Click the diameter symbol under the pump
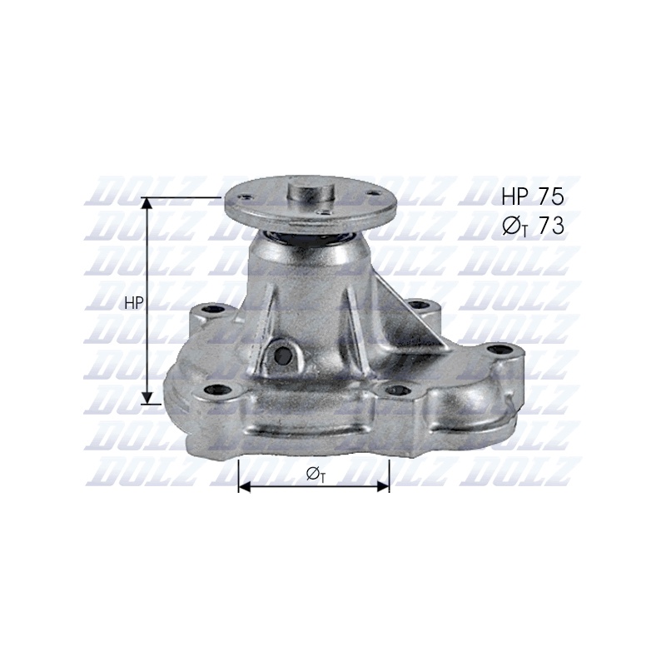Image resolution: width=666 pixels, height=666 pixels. [x=316, y=474]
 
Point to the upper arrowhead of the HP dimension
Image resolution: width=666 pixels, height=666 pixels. [x=147, y=203]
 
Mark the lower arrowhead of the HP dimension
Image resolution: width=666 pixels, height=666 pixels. [x=147, y=397]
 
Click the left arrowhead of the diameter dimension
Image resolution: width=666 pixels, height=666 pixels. [x=246, y=487]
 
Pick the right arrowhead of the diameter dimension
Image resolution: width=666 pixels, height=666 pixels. [x=383, y=487]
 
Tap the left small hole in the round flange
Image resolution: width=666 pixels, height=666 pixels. [x=244, y=196]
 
